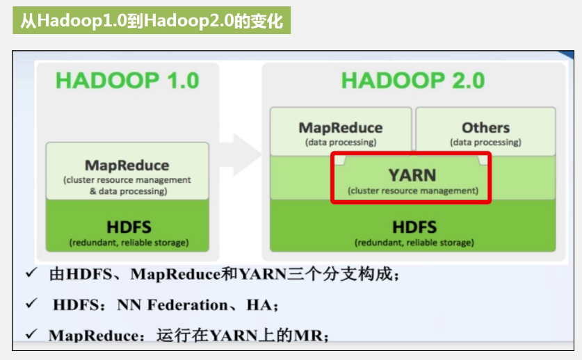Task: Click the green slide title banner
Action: (x=151, y=21)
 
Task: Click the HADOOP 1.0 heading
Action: (x=127, y=81)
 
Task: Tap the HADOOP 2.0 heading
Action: (x=412, y=81)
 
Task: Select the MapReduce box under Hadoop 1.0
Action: (x=127, y=171)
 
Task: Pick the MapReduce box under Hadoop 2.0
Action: (x=340, y=132)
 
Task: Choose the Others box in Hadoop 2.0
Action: (x=485, y=132)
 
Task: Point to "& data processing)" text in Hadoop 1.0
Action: (x=128, y=191)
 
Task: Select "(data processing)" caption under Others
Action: (x=485, y=142)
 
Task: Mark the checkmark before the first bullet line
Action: (x=31, y=273)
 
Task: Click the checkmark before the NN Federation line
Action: (x=31, y=304)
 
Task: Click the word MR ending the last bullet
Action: (x=310, y=336)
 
